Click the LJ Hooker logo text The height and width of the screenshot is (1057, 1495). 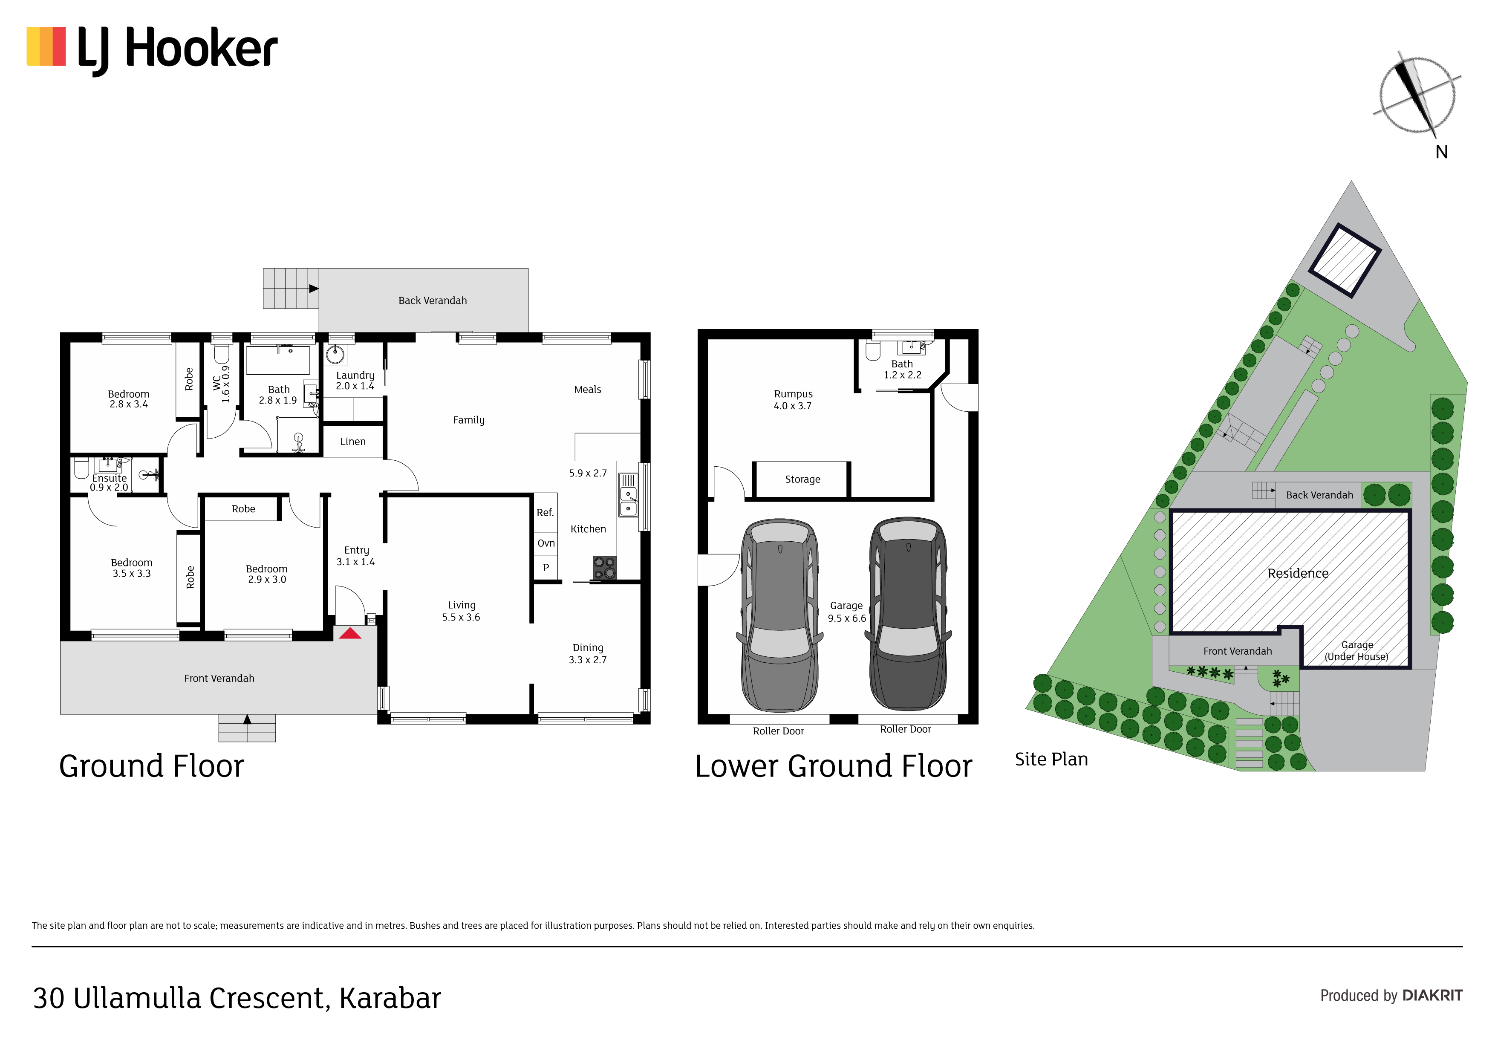click(177, 49)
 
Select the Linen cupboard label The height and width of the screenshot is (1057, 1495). click(353, 442)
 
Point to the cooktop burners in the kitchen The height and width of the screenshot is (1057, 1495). click(604, 568)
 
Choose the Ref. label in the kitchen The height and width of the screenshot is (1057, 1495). click(545, 513)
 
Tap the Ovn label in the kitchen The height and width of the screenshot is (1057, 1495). click(546, 543)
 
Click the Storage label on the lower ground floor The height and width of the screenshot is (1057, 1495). click(803, 479)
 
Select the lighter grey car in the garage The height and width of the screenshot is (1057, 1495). click(780, 615)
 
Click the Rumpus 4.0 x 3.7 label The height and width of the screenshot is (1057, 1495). click(793, 400)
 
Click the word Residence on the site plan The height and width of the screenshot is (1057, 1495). click(1298, 573)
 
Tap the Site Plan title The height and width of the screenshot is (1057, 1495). click(1052, 760)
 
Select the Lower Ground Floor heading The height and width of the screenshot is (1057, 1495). click(834, 766)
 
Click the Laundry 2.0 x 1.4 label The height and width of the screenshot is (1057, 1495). click(355, 380)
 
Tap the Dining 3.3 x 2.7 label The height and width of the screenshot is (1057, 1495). click(588, 654)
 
